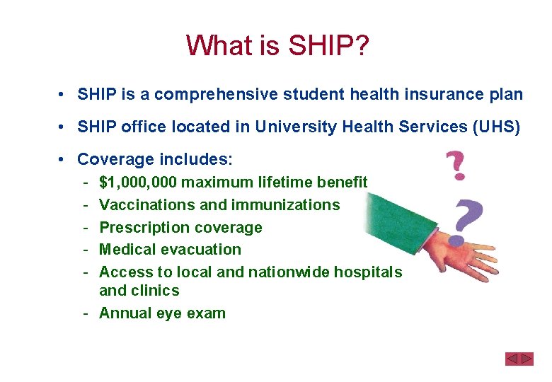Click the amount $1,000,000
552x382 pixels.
[138, 183]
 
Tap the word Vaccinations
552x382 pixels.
[144, 205]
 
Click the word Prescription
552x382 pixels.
[142, 228]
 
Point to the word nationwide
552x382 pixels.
[289, 272]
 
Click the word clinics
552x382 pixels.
[155, 291]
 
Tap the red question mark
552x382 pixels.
[456, 163]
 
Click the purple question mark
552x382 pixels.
[468, 216]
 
